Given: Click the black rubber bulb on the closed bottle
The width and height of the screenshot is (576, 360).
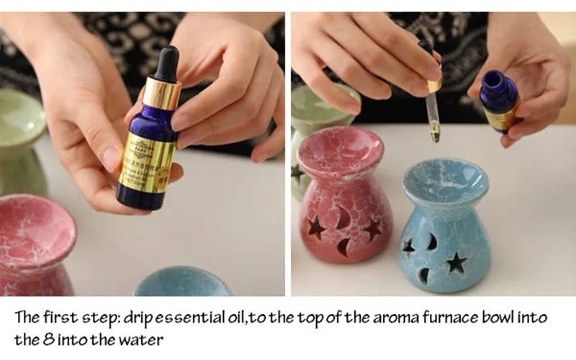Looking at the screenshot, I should [x=166, y=63].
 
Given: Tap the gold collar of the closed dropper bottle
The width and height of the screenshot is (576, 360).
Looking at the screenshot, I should [x=161, y=94].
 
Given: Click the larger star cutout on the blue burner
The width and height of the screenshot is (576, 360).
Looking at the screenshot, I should [x=456, y=261].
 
